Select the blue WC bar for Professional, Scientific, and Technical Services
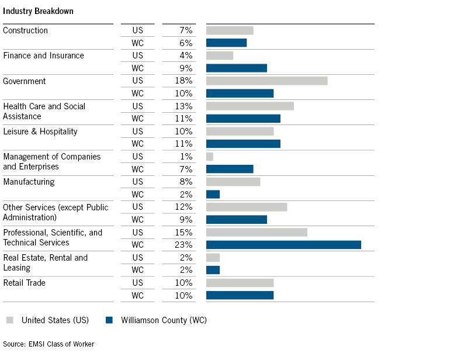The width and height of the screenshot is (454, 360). pos(283,245)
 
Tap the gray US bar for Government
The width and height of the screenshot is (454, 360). pos(266,81)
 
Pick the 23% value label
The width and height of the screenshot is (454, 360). pos(183,245)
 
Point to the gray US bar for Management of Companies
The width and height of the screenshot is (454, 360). pos(210,157)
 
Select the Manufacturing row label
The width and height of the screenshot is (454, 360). pos(29,182)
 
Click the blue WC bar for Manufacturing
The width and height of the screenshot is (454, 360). pos(213,195)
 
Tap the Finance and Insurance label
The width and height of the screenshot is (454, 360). pos(43,56)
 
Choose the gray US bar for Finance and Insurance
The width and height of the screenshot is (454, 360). pos(220,56)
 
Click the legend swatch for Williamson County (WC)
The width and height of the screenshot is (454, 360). pos(109,320)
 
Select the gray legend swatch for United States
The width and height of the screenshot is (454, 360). pos(10,320)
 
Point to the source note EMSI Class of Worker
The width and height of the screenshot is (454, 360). pos(48,344)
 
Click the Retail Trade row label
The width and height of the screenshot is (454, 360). pos(24,283)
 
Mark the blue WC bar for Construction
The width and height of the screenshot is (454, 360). pos(226,43)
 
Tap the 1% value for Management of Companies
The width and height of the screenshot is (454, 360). pos(186,157)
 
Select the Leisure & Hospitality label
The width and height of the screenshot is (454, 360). pos(40,131)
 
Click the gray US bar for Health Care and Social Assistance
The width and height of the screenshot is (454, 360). pos(249,106)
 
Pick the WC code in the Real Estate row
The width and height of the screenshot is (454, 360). pos(137,270)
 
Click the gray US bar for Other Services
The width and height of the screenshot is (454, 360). pos(247,207)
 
